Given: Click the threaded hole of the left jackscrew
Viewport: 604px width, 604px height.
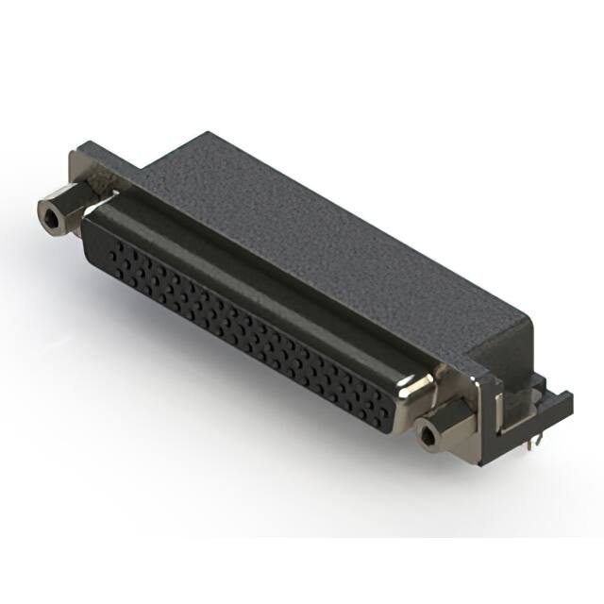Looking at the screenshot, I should tap(50, 216).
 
